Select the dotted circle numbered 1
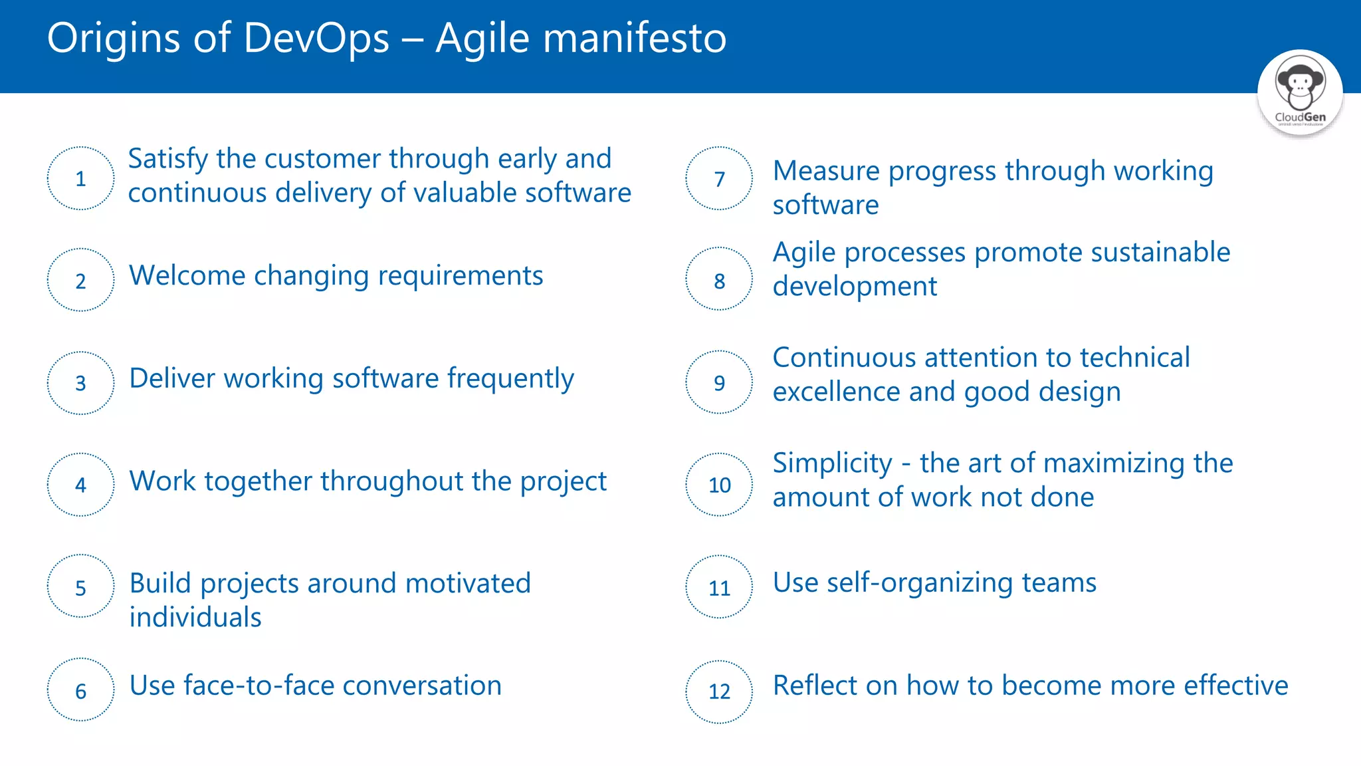click(x=80, y=178)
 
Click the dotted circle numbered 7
click(x=719, y=178)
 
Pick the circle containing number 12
click(x=719, y=692)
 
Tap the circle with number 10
click(x=719, y=485)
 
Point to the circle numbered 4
click(x=80, y=485)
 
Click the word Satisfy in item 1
click(x=168, y=160)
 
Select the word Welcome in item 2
click(x=187, y=275)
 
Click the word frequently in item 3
click(x=510, y=379)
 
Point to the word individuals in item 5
click(x=195, y=617)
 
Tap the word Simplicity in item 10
click(x=832, y=463)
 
